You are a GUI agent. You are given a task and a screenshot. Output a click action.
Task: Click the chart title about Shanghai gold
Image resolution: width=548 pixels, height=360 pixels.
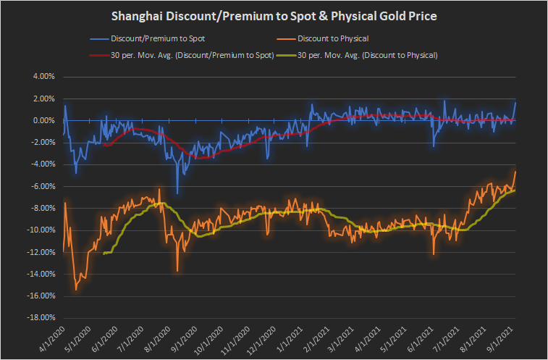click(x=274, y=16)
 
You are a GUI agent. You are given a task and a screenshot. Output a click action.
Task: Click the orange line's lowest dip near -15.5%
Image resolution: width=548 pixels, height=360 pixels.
click(x=76, y=290)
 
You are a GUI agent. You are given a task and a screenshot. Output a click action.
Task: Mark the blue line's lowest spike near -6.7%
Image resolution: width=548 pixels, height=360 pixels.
click(x=177, y=193)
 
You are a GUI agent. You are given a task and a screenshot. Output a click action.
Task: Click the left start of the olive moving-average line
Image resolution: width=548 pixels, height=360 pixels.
click(x=104, y=254)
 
